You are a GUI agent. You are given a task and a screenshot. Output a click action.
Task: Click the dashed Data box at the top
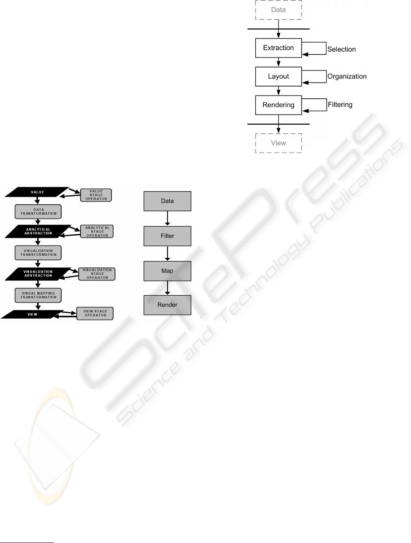pos(278,9)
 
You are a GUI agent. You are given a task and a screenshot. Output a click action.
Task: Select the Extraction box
pos(278,48)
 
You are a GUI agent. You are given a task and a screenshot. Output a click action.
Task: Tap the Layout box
pos(278,76)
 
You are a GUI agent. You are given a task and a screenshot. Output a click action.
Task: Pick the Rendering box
pos(278,105)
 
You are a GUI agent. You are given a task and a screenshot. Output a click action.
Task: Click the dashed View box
pos(278,143)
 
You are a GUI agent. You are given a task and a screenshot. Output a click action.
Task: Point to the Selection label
pos(341,49)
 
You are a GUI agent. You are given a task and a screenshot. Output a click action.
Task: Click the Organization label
pos(347,76)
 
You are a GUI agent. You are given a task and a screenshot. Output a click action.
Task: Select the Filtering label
pos(340,105)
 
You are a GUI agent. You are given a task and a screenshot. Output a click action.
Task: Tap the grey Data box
pos(168,201)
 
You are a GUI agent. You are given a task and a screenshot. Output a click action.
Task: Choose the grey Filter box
pos(168,236)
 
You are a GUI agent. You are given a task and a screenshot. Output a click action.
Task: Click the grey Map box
pos(168,271)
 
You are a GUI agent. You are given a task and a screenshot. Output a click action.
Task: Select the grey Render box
pos(168,305)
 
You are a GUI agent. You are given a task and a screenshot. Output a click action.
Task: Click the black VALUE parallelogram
pos(37,192)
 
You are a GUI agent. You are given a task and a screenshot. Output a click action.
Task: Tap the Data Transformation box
pos(38,210)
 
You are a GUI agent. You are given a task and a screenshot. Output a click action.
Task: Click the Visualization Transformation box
pos(38,252)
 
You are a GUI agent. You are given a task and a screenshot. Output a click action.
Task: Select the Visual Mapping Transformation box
pos(38,294)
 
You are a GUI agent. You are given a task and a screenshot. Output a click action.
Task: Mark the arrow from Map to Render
pos(168,288)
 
